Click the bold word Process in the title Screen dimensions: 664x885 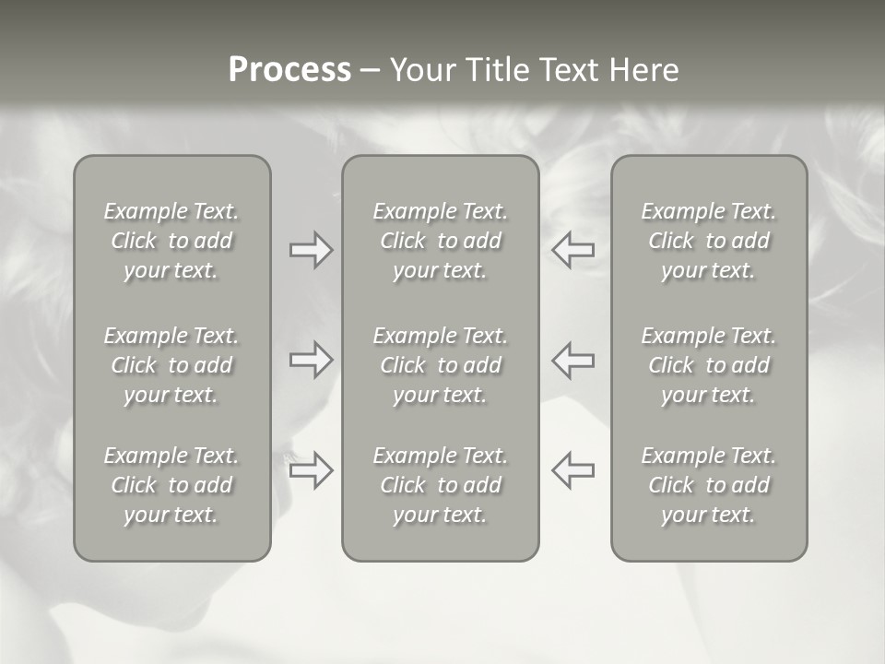[289, 70]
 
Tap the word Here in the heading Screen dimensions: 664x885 [643, 70]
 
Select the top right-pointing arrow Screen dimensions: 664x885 [311, 250]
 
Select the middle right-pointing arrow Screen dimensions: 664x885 [311, 360]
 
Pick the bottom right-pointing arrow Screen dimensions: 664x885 [311, 470]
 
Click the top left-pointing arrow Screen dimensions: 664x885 [573, 250]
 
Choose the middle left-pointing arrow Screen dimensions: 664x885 [573, 360]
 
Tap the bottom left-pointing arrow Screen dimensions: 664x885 [573, 470]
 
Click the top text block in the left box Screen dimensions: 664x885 [171, 241]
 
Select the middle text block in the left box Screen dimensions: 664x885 [171, 365]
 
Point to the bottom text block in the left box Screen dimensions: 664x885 [171, 485]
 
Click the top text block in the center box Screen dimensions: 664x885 [440, 241]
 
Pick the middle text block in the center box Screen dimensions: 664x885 [440, 365]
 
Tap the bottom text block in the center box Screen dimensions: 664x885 [440, 485]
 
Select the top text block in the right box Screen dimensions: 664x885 [708, 241]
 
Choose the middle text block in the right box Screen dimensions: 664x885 [708, 365]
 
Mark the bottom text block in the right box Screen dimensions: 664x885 [708, 485]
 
